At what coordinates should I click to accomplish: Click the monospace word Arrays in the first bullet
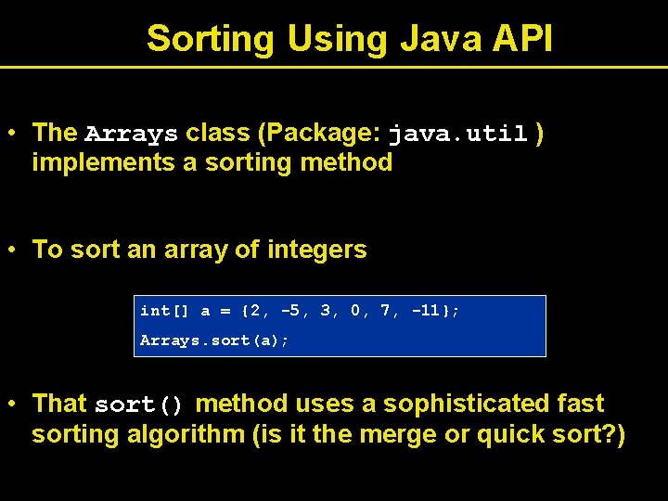(x=131, y=135)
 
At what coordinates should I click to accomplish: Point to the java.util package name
(x=458, y=135)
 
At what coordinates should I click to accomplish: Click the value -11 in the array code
(x=430, y=311)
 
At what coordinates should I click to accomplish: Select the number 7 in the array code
(x=385, y=311)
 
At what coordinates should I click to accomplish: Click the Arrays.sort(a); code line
(x=214, y=340)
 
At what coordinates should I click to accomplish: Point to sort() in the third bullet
(x=139, y=405)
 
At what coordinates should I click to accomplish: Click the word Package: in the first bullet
(x=320, y=133)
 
